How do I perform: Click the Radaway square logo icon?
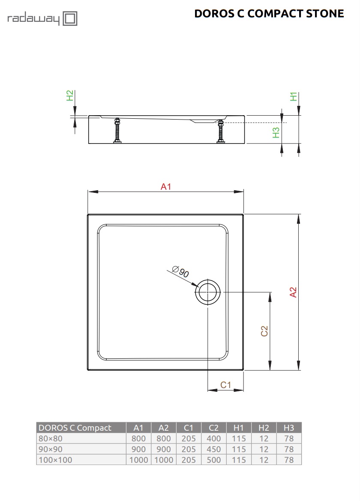point(70,19)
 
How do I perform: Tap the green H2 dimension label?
point(70,95)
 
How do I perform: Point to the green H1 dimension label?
point(294,96)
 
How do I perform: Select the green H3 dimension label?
point(276,132)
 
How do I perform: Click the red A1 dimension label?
point(166,186)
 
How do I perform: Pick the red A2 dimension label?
point(293,292)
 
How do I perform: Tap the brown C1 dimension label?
point(225,385)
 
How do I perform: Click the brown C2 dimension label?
point(264,331)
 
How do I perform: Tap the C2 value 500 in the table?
point(214,460)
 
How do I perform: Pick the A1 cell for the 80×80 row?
point(138,438)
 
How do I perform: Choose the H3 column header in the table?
point(289,427)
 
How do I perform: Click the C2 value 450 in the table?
point(214,449)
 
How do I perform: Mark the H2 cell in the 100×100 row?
point(264,460)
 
